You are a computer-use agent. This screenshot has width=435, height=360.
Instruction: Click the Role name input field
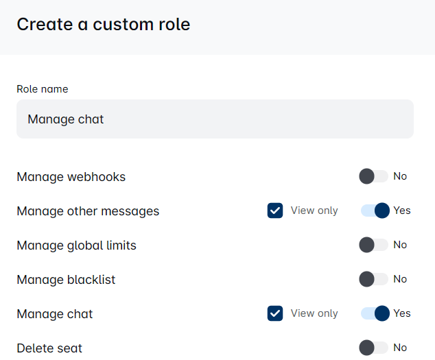[x=215, y=119]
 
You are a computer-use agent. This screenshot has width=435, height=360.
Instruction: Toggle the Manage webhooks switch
[x=374, y=176]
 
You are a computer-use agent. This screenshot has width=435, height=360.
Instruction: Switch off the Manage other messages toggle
[x=375, y=211]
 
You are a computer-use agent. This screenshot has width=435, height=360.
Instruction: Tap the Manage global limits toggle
[x=374, y=245]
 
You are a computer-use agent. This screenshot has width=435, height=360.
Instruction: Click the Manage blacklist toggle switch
[x=374, y=279]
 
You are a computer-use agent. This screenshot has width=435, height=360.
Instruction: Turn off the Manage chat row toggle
[x=375, y=313]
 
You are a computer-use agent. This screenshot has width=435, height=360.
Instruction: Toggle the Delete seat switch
[x=374, y=348]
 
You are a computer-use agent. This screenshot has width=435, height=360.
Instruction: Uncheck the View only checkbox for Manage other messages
[x=275, y=211]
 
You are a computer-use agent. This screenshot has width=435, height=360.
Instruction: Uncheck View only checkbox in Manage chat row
[x=275, y=313]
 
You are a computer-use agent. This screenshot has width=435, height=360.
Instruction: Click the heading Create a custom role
[x=104, y=25]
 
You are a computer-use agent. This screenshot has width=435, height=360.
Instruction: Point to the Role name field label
[x=43, y=89]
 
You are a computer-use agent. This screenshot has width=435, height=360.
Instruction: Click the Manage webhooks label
[x=71, y=177]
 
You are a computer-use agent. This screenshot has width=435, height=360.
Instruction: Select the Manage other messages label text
[x=88, y=211]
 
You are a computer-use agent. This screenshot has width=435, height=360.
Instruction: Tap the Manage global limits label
[x=76, y=245]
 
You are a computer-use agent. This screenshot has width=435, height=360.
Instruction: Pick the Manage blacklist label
[x=66, y=280]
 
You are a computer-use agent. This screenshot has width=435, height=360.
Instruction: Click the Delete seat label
[x=49, y=348]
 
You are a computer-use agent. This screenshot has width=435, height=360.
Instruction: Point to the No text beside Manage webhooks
[x=400, y=176]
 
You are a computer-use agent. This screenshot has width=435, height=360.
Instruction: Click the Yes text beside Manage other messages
[x=402, y=211]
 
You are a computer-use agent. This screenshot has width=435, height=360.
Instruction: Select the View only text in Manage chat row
[x=314, y=313]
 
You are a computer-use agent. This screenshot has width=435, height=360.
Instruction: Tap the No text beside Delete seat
[x=400, y=348]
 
